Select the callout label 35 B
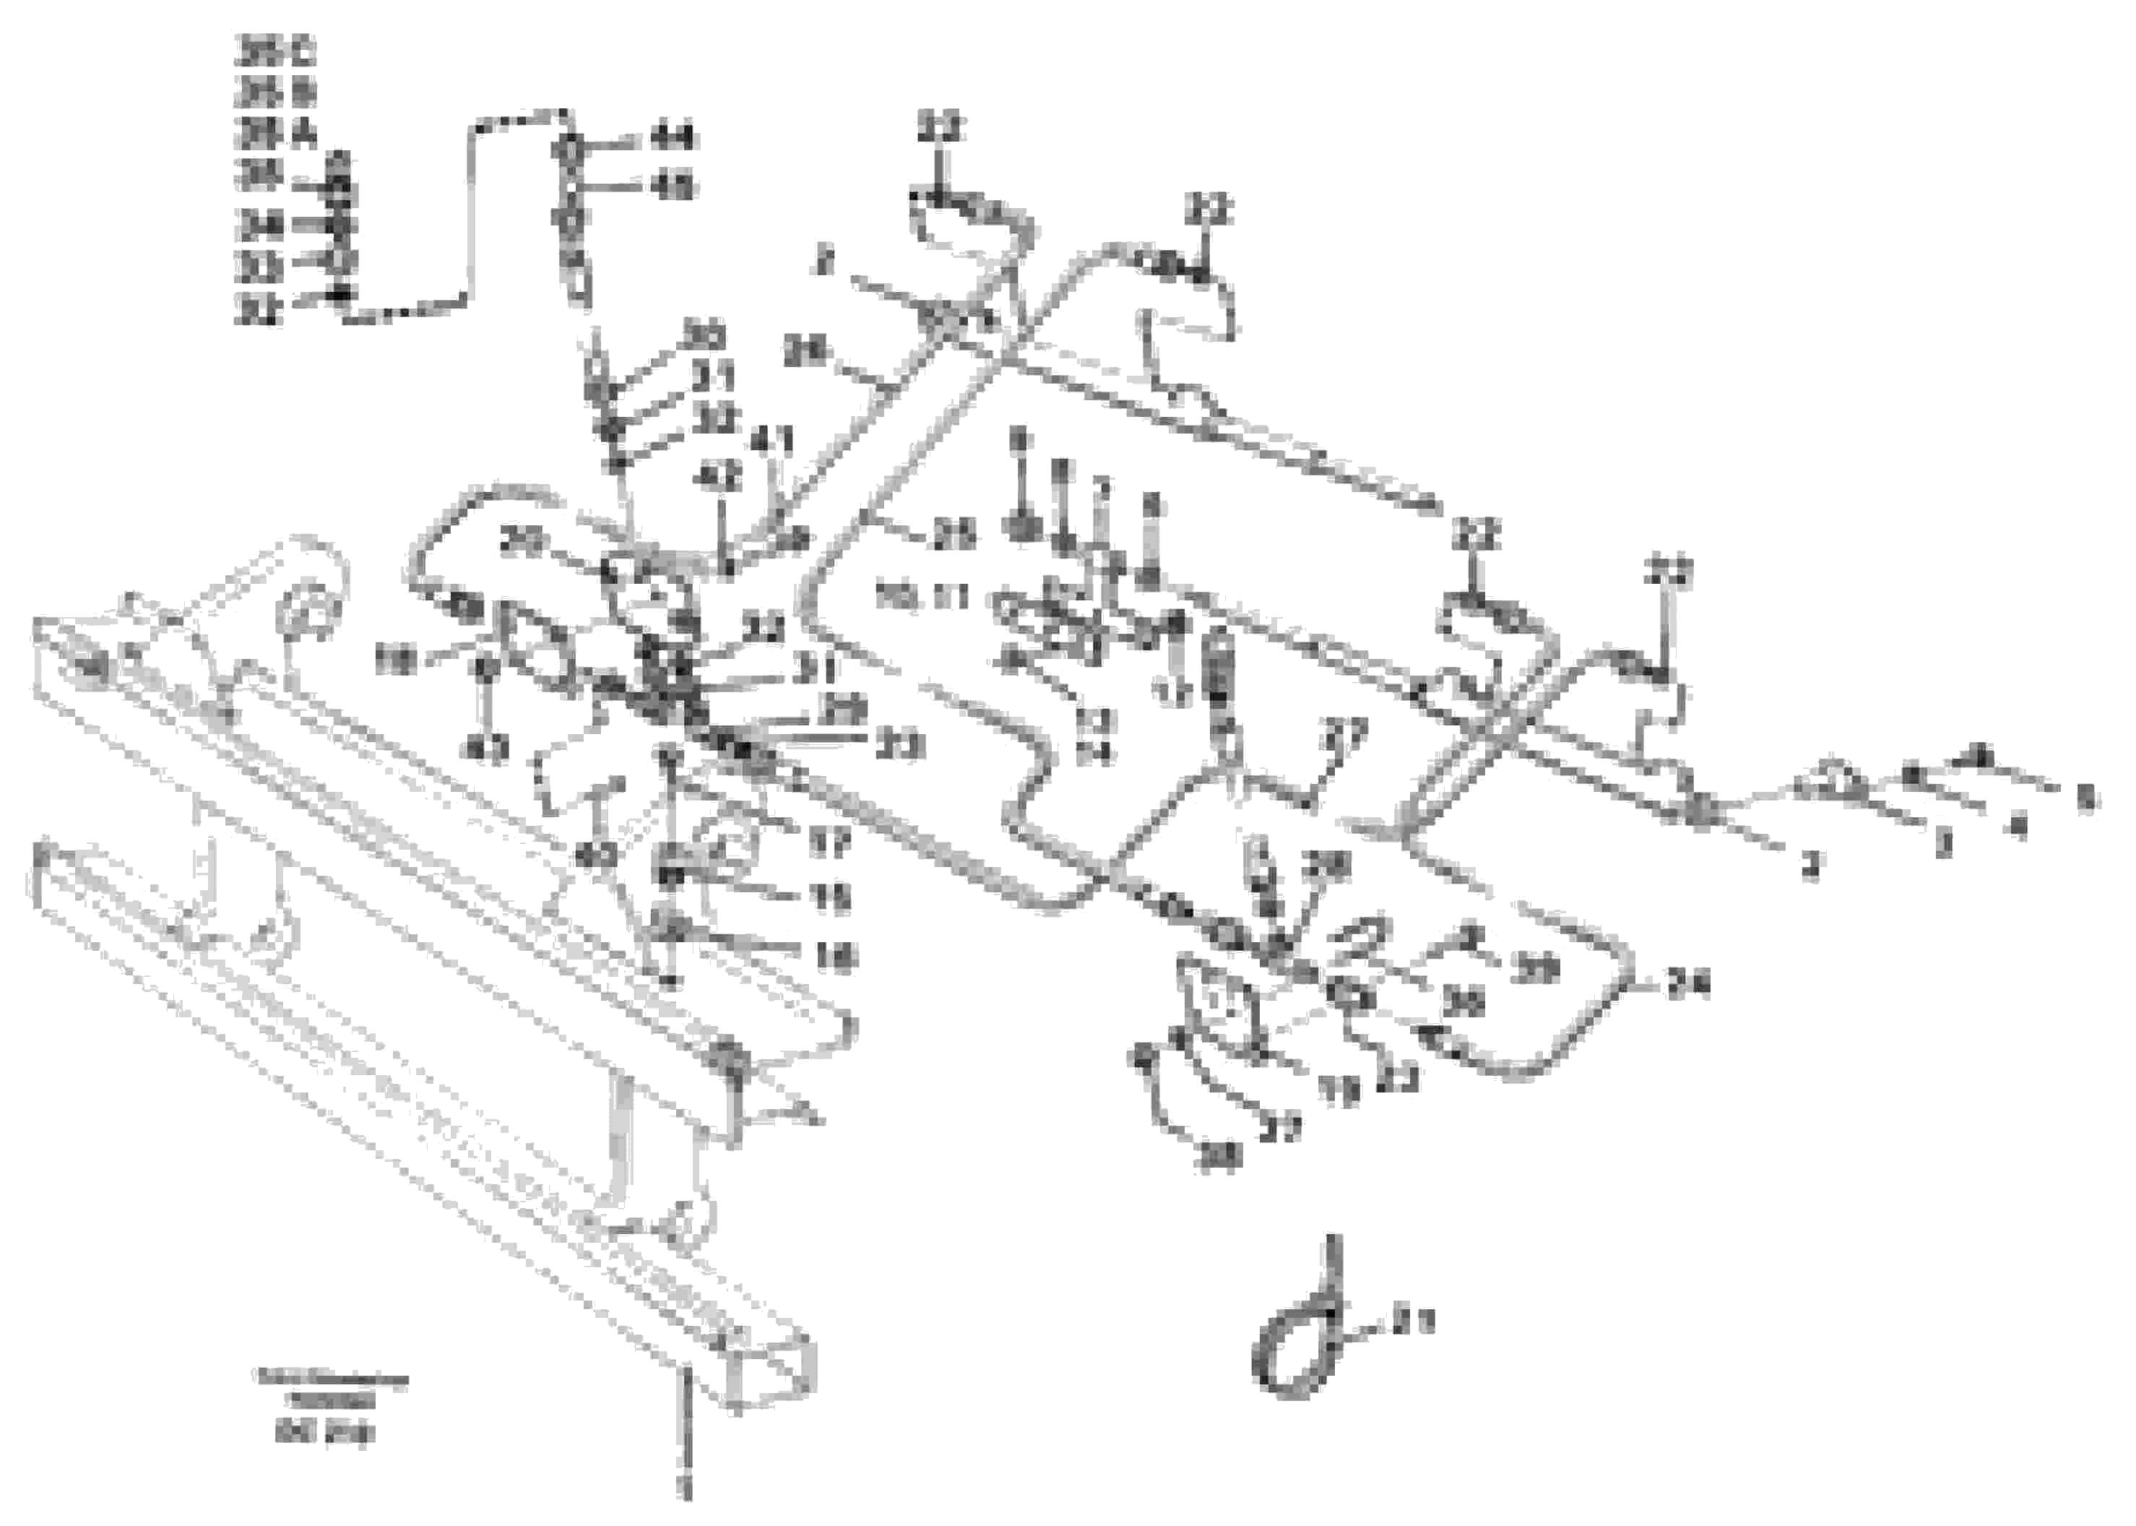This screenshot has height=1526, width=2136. click(x=274, y=92)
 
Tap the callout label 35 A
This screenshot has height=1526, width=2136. click(x=274, y=134)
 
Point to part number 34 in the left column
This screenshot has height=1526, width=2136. click(x=261, y=225)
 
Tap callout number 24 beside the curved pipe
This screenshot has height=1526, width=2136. click(x=1689, y=985)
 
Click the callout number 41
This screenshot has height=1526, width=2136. click(x=772, y=440)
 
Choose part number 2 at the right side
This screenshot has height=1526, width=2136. click(x=1811, y=867)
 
